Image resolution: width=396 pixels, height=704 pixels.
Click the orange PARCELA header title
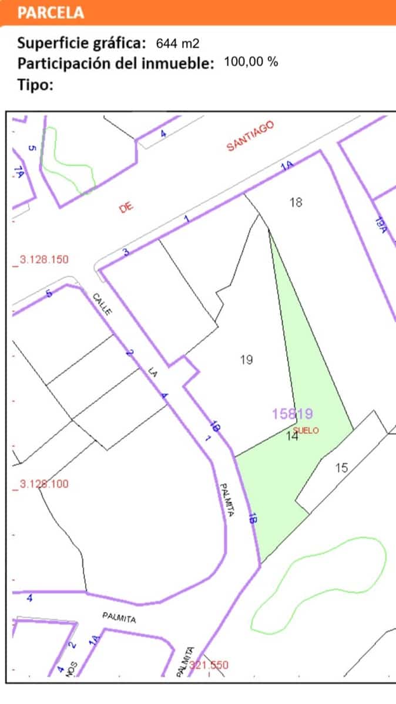(51, 12)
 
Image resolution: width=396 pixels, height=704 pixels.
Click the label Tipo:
(36, 84)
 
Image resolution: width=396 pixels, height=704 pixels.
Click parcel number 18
(296, 202)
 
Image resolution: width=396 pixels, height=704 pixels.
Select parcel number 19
(247, 359)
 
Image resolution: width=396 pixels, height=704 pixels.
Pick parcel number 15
(342, 468)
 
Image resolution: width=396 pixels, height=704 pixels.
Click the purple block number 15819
(292, 414)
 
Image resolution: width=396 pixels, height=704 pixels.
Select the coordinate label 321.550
(209, 665)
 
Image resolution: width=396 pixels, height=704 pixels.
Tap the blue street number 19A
(380, 226)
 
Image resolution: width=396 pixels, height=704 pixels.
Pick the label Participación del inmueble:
(116, 63)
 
